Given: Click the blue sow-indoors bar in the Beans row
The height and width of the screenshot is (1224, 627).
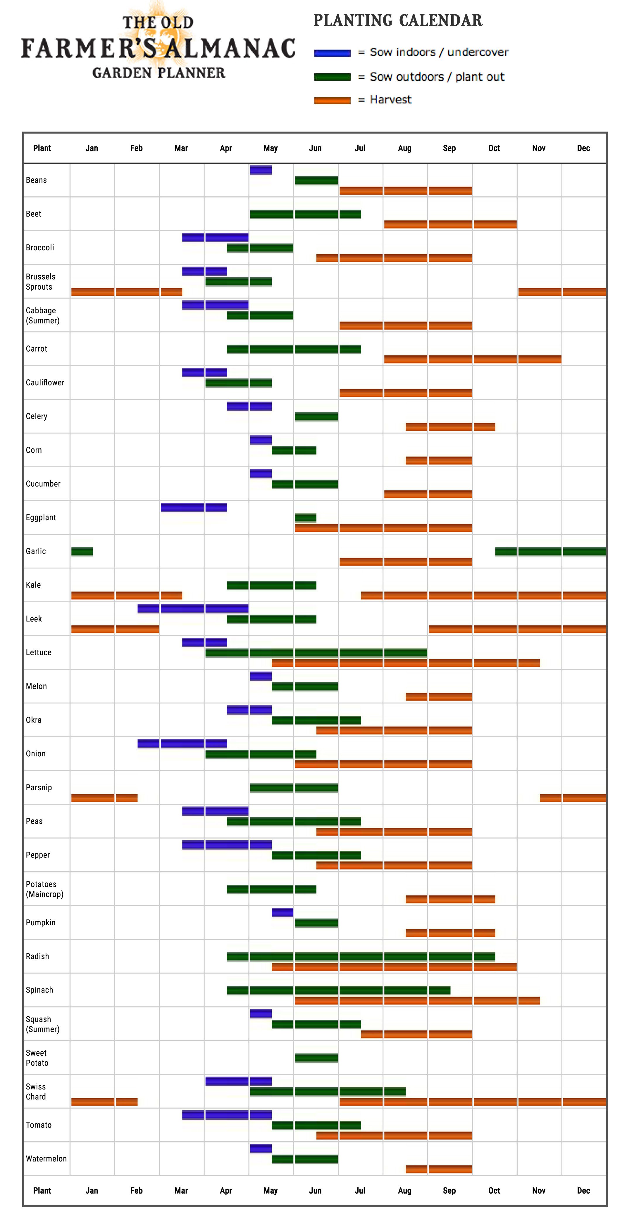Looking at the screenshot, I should pyautogui.click(x=261, y=170).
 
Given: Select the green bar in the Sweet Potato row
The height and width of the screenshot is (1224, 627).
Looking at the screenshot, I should pyautogui.click(x=316, y=1058).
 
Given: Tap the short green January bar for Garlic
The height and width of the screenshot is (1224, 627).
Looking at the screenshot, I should pyautogui.click(x=82, y=551).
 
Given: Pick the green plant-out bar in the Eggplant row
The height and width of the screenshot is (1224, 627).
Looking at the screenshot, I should pyautogui.click(x=305, y=517).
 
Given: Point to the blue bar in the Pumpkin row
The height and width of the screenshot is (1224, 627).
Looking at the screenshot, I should pyautogui.click(x=283, y=912).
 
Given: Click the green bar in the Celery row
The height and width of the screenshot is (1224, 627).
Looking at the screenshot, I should pyautogui.click(x=316, y=416).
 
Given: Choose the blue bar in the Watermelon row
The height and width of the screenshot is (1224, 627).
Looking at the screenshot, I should pyautogui.click(x=261, y=1149).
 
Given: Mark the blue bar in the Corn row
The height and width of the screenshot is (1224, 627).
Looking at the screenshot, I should pyautogui.click(x=261, y=440).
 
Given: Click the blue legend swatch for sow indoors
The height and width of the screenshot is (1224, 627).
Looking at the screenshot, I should pyautogui.click(x=332, y=53).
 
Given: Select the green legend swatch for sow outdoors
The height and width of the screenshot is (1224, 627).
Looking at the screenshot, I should pyautogui.click(x=332, y=77).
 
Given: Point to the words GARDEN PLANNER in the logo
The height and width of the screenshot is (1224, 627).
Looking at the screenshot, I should pyautogui.click(x=159, y=73).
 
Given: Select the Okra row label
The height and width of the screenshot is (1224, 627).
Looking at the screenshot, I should pyautogui.click(x=34, y=720).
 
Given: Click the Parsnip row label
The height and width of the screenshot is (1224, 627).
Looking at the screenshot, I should pyautogui.click(x=39, y=787).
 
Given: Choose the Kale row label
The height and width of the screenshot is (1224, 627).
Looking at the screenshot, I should pyautogui.click(x=33, y=585).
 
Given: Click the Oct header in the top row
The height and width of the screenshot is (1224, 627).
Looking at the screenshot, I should pyautogui.click(x=494, y=148).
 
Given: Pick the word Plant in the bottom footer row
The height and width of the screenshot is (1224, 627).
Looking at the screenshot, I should pyautogui.click(x=42, y=1190).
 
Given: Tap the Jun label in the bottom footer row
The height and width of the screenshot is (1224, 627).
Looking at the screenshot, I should pyautogui.click(x=315, y=1190).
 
